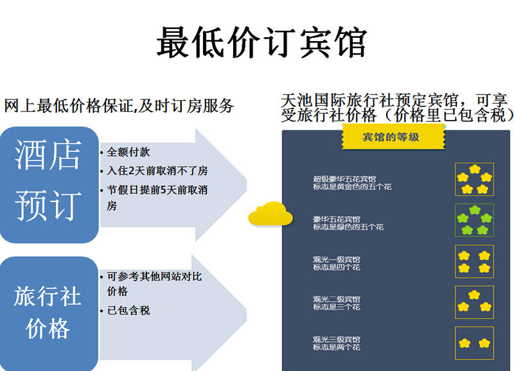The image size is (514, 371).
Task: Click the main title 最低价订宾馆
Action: point(261,42)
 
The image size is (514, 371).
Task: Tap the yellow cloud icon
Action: point(270,214)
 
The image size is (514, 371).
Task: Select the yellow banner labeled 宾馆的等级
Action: point(393,137)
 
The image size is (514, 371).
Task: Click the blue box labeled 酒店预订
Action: point(49,185)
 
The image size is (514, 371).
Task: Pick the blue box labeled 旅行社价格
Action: point(49,313)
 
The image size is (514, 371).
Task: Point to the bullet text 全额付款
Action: point(128,152)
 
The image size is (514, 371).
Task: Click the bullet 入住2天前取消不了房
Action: point(157,171)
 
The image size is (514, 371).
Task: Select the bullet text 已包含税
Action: point(128,310)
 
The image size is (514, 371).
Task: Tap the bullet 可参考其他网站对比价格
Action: point(154,284)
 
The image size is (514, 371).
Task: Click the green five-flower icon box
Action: point(474,220)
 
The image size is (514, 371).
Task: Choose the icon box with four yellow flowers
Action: point(474,262)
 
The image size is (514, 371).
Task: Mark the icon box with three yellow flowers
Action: point(474,302)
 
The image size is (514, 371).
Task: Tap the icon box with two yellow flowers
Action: point(474,343)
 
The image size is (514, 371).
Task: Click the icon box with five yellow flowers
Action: point(474,180)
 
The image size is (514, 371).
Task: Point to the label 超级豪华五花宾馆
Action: point(344,179)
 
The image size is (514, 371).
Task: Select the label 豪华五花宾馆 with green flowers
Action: point(336,220)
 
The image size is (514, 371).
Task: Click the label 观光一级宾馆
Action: point(336,260)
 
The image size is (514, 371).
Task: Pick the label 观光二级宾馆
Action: point(336,299)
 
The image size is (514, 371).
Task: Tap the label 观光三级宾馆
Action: point(336,340)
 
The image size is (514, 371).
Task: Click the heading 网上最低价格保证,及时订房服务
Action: point(119,106)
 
